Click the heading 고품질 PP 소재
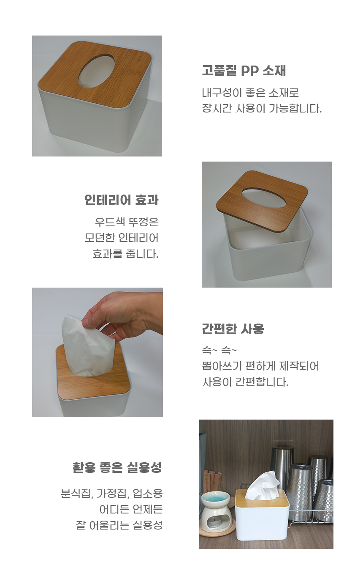click(x=244, y=70)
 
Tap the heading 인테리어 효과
click(x=121, y=200)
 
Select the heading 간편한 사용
click(x=233, y=329)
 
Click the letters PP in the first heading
click(x=251, y=71)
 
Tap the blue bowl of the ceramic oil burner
click(x=215, y=498)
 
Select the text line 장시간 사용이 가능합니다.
click(x=262, y=108)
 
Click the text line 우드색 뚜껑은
click(x=127, y=222)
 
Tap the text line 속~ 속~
click(x=219, y=351)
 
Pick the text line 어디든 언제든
click(x=131, y=509)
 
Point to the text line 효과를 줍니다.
click(x=125, y=254)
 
